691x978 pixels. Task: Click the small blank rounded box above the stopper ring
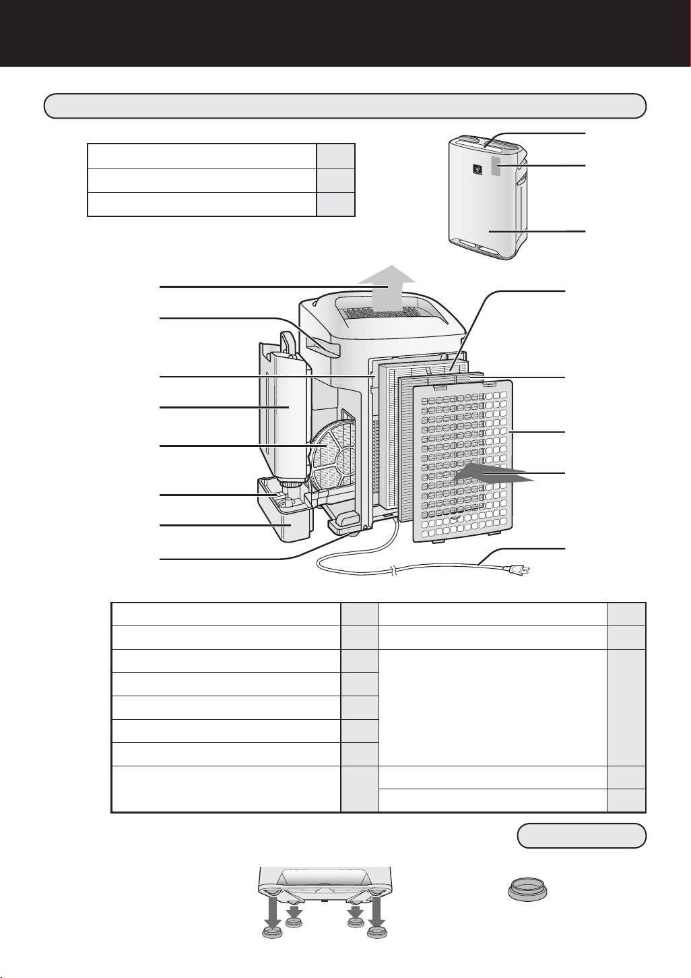click(581, 836)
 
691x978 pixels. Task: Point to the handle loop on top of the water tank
click(288, 340)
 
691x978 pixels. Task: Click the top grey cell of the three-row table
click(335, 156)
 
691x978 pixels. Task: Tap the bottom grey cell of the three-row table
click(335, 204)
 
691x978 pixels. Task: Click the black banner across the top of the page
click(345, 32)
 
